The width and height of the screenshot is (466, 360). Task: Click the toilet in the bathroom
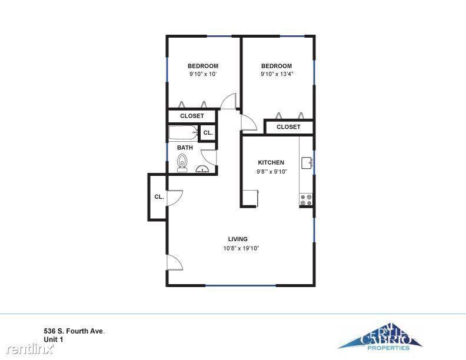click(182, 163)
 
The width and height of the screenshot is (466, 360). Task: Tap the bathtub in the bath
click(184, 133)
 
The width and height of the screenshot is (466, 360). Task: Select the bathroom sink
click(202, 169)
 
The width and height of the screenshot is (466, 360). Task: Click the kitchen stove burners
click(306, 199)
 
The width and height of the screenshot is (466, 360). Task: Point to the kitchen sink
click(307, 163)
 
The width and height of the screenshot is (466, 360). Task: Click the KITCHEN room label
click(271, 162)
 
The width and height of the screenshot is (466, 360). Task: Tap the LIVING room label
click(238, 239)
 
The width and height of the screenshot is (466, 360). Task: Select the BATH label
click(185, 148)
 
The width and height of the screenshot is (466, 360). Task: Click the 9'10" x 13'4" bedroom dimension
click(277, 74)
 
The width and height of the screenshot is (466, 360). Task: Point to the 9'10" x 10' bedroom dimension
click(203, 74)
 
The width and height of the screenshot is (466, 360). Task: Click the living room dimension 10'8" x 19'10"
click(241, 248)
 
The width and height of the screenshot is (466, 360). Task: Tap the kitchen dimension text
click(272, 171)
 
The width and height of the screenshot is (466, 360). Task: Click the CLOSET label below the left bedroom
click(192, 116)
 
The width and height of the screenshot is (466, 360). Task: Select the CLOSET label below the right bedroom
click(288, 127)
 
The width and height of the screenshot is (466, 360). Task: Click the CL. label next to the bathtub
click(208, 133)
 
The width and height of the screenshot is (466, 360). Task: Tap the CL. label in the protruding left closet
click(159, 196)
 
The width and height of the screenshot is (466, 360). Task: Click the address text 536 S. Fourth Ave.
click(74, 331)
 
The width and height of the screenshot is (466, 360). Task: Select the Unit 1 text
click(54, 339)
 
